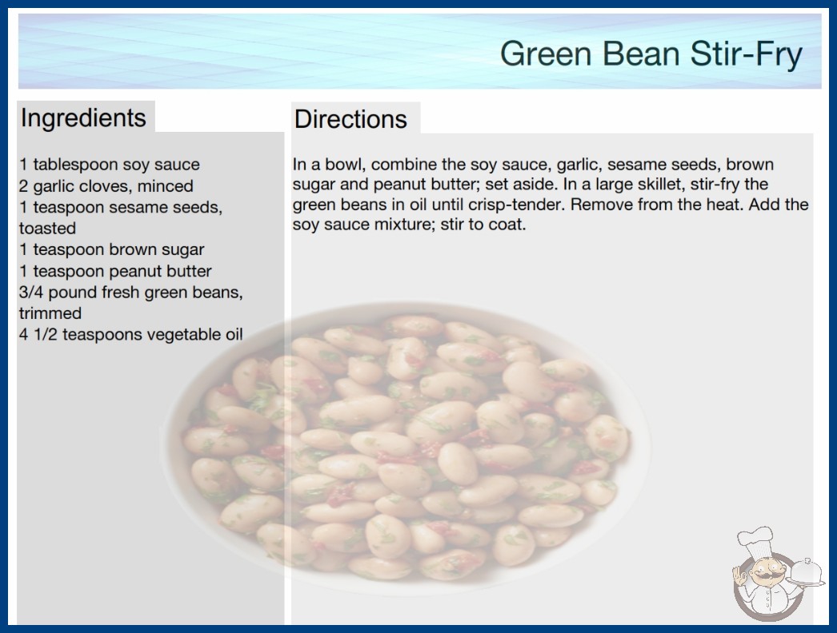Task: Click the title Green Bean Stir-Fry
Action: click(651, 54)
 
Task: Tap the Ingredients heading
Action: click(83, 117)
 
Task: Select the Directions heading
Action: click(350, 119)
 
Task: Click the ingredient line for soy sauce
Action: click(110, 165)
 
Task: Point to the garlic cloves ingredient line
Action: click(106, 185)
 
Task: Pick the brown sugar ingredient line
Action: click(111, 249)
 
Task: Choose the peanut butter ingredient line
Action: click(115, 271)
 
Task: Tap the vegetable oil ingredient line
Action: click(130, 334)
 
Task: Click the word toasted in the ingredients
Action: click(47, 229)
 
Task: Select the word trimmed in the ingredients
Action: click(50, 313)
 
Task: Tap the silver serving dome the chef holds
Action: click(807, 572)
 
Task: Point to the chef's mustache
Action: click(763, 575)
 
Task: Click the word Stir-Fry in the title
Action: click(746, 54)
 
